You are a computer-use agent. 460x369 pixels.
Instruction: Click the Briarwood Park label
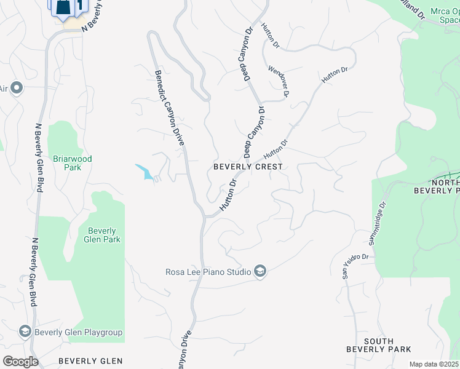click(x=72, y=163)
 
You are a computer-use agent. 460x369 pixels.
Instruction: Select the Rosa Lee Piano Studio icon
click(x=260, y=271)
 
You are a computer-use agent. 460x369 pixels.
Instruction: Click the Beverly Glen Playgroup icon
click(x=25, y=332)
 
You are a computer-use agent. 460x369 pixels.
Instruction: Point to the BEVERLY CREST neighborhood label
click(x=248, y=167)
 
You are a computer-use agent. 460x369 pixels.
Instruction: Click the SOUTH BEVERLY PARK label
click(x=378, y=345)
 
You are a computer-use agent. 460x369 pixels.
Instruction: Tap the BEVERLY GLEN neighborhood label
click(x=90, y=361)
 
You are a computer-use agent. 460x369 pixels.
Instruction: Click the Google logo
click(x=20, y=361)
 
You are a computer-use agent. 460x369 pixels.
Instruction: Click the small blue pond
click(x=145, y=172)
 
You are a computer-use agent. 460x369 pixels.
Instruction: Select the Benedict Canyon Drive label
click(x=169, y=108)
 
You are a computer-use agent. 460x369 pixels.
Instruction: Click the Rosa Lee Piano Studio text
click(x=208, y=272)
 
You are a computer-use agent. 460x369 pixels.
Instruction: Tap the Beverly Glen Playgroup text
click(x=79, y=333)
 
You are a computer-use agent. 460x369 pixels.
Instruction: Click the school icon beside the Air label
click(x=17, y=88)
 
